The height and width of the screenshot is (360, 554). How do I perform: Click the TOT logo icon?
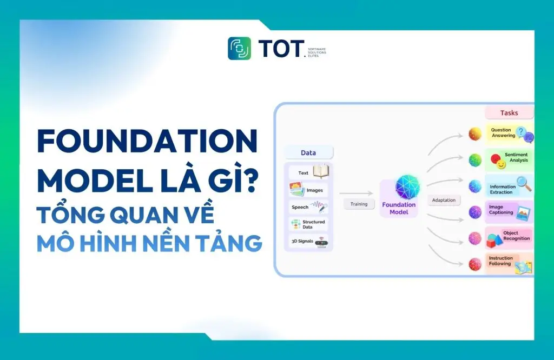pos(239,48)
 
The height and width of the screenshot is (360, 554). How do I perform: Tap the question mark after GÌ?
pos(246,179)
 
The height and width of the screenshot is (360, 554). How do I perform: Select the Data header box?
pos(308,153)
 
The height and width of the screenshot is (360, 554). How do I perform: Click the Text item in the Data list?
pos(309,172)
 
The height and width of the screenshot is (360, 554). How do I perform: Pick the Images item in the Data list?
pos(309,190)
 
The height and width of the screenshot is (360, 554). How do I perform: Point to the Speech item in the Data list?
pos(309,206)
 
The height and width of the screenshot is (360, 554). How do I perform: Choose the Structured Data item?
pos(309,224)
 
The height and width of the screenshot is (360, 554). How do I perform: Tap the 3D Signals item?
pos(309,241)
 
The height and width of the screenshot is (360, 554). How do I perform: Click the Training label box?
pos(359,204)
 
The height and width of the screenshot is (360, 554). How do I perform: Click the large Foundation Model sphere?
pos(399,188)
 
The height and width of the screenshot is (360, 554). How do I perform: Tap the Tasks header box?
pos(509,113)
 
